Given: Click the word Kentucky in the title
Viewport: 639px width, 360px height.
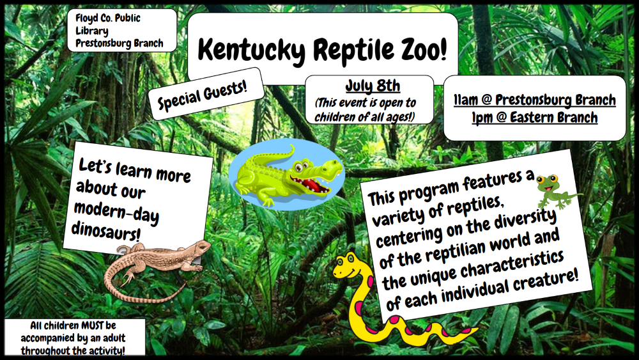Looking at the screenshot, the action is click(251, 50).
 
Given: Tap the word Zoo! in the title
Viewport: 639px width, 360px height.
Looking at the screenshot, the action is click(424, 49).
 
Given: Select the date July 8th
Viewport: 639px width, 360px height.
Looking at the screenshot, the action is click(373, 86).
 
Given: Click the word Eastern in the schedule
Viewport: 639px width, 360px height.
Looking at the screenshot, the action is click(533, 117).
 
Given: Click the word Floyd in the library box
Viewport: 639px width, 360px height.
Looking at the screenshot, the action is click(87, 19).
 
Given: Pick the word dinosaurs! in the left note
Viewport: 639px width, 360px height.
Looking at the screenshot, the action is click(106, 231).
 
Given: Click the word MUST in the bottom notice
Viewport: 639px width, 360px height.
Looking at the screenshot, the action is click(92, 325).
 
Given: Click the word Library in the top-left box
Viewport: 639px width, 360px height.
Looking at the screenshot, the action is click(91, 31).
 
